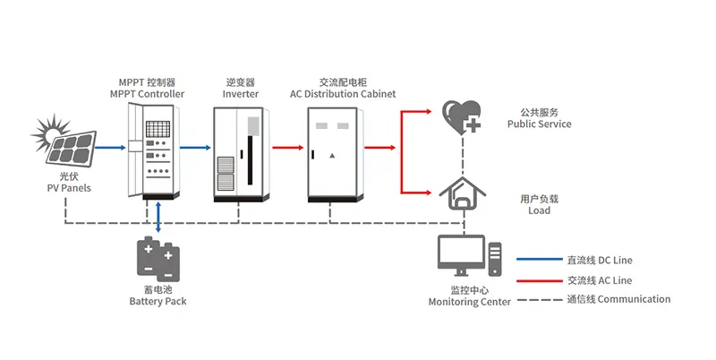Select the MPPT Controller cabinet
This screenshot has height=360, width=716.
[x=149, y=150]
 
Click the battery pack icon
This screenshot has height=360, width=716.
[x=158, y=259]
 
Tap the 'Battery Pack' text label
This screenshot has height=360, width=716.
[x=158, y=302]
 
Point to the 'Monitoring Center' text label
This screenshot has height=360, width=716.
[x=470, y=303]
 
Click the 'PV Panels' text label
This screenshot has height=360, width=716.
[x=69, y=188]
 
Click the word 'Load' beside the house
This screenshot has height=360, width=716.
[x=539, y=210]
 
